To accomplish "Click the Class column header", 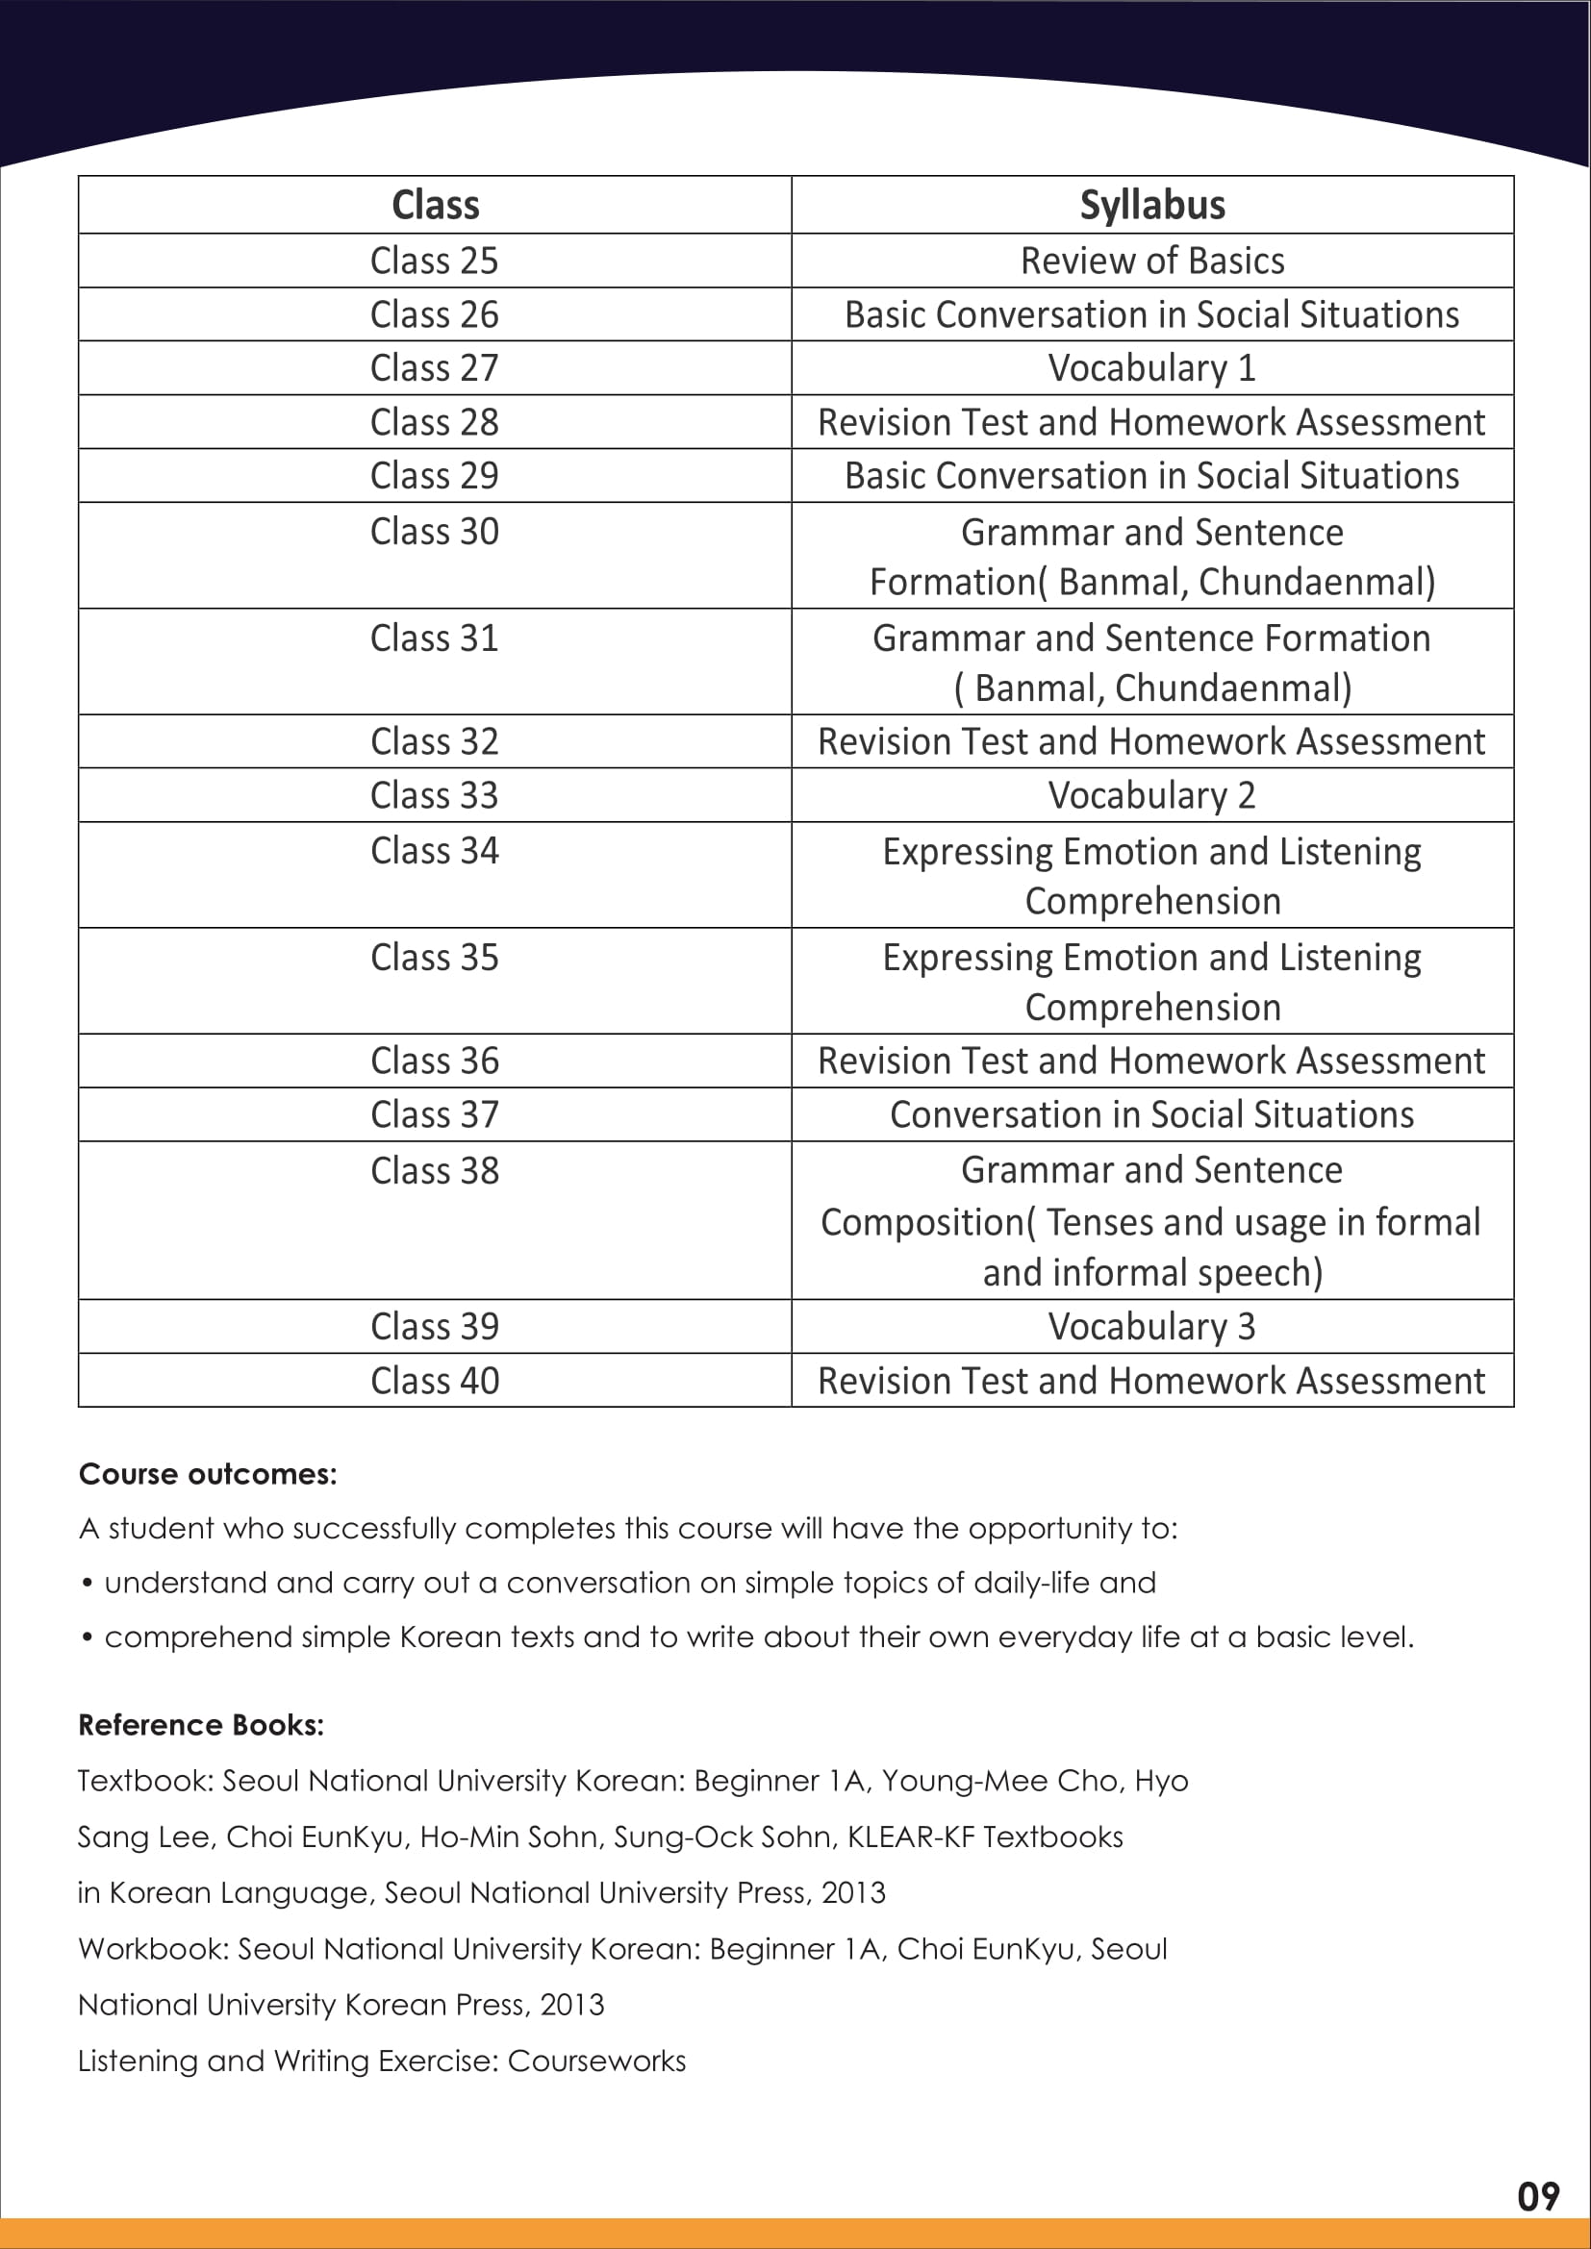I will click(435, 205).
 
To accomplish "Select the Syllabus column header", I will click(1152, 205).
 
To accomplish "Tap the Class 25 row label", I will click(434, 261).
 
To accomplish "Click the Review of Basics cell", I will click(1152, 261).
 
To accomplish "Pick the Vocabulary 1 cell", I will click(1152, 368).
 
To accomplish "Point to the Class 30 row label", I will click(434, 532).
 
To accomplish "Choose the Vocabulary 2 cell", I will click(1152, 795).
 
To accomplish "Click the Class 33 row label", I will click(434, 795).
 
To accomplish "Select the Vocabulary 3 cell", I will click(1152, 1326).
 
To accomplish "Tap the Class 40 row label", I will click(434, 1380).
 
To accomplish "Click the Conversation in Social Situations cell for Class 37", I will click(1152, 1114).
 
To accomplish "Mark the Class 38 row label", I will click(434, 1170).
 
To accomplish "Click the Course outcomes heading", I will click(208, 1474).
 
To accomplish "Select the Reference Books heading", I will click(201, 1725).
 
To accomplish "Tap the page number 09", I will click(1537, 2197).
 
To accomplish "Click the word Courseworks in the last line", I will click(596, 2061).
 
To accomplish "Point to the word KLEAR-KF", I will click(911, 1837).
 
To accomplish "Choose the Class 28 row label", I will click(434, 422).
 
